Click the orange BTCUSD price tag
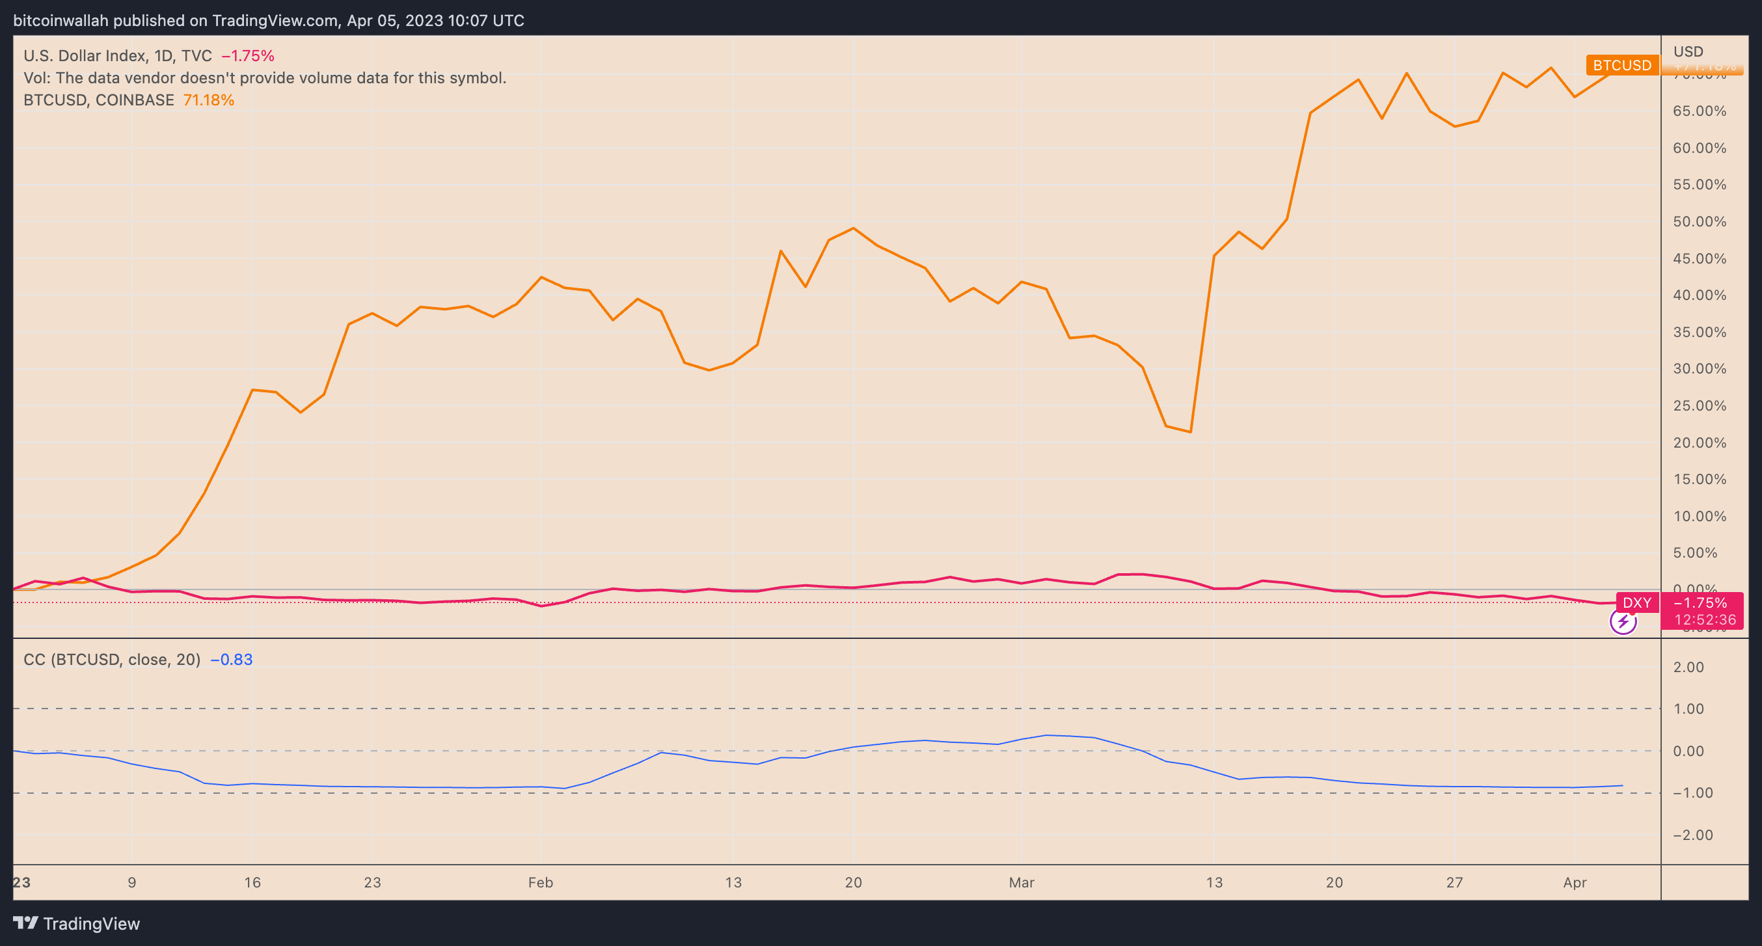[1621, 65]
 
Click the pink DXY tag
[1637, 602]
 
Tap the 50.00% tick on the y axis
[1699, 222]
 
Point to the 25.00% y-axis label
[1699, 405]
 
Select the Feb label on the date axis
[540, 882]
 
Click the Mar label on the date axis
[1022, 882]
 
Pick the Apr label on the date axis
[1575, 882]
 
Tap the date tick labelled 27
[1454, 882]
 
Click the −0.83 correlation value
[231, 659]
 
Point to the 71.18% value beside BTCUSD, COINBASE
[209, 100]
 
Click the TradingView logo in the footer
[77, 923]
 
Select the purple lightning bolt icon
[1623, 622]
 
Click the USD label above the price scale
[1688, 51]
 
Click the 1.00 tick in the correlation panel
[1688, 709]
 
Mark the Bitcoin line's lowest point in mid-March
[1191, 431]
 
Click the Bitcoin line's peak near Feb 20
[854, 228]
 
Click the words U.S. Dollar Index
[85, 55]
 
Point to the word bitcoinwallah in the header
[61, 21]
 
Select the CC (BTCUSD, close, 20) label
[112, 659]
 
